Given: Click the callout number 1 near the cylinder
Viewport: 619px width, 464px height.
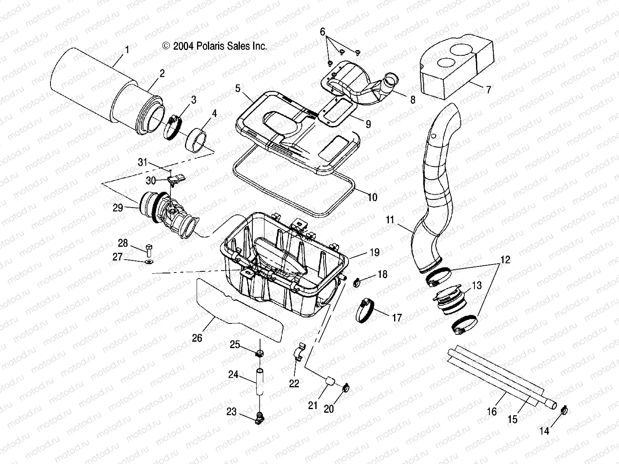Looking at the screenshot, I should coord(127,50).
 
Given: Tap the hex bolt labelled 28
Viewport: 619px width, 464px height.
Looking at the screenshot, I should coord(148,250).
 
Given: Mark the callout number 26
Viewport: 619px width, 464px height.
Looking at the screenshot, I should coord(197,338).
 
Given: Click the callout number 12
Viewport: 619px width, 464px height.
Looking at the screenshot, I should coord(506,260).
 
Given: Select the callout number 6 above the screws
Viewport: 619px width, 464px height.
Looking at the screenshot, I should coord(322,31).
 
